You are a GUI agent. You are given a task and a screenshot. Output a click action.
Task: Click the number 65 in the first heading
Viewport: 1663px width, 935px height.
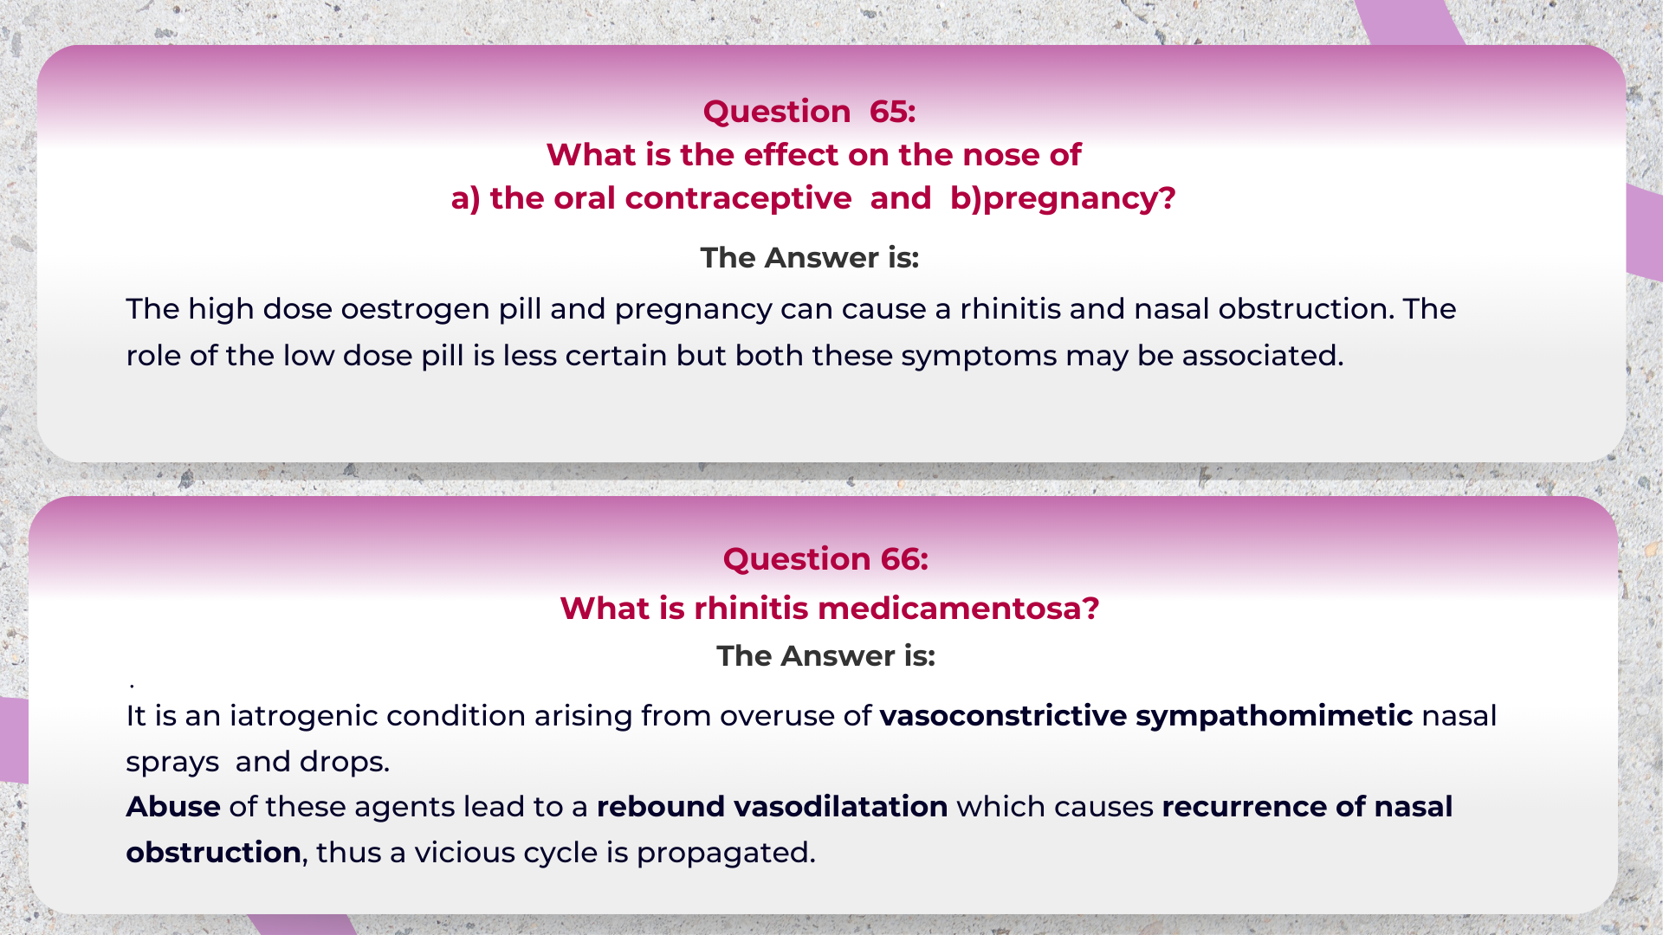pyautogui.click(x=892, y=112)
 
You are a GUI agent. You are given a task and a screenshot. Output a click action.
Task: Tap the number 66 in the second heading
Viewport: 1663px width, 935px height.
pyautogui.click(x=904, y=559)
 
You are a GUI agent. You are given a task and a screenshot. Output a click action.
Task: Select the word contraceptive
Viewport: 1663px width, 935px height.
pyautogui.click(x=738, y=199)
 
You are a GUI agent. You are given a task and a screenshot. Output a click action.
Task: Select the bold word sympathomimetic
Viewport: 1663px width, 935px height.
pyautogui.click(x=1274, y=716)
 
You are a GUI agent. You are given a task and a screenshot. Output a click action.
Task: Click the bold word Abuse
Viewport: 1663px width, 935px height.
pyautogui.click(x=173, y=807)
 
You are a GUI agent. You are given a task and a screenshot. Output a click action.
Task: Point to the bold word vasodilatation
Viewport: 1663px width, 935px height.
pyautogui.click(x=840, y=807)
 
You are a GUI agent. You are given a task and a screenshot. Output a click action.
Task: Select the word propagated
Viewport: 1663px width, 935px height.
pyautogui.click(x=726, y=853)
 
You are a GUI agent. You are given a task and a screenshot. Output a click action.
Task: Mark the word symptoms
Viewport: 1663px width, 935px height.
pyautogui.click(x=979, y=356)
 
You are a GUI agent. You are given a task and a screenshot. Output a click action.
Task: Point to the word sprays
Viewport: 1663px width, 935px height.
pyautogui.click(x=172, y=762)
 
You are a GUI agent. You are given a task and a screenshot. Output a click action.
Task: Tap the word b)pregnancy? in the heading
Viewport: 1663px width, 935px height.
pyautogui.click(x=1063, y=199)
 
